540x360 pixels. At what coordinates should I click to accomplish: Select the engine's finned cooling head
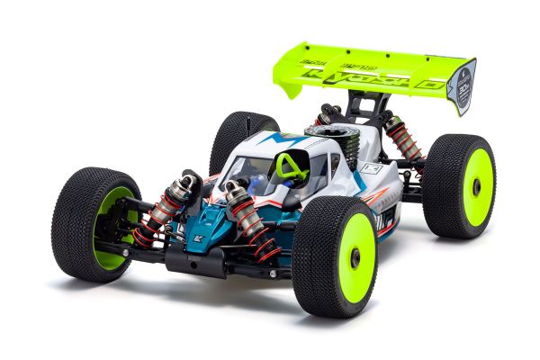(x=335, y=138)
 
